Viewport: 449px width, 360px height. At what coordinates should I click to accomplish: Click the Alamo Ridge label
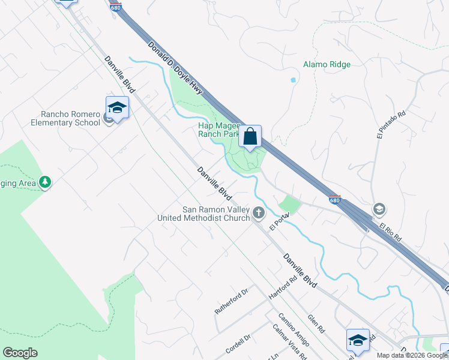[x=327, y=64]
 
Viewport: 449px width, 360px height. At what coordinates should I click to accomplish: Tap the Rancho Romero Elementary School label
[x=70, y=118]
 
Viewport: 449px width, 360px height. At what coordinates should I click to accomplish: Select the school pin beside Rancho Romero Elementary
[x=117, y=108]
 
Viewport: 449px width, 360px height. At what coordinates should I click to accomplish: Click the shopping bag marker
[x=250, y=136]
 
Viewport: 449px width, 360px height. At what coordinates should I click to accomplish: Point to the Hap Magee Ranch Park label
[x=219, y=130]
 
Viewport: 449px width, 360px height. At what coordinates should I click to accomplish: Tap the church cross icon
[x=259, y=212]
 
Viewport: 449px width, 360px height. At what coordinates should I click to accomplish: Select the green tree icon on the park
[x=44, y=182]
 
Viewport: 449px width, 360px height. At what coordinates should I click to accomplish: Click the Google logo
[x=20, y=353]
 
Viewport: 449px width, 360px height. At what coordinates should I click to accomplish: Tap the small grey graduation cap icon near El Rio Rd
[x=379, y=209]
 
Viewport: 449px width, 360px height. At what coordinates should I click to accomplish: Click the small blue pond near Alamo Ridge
[x=293, y=80]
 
